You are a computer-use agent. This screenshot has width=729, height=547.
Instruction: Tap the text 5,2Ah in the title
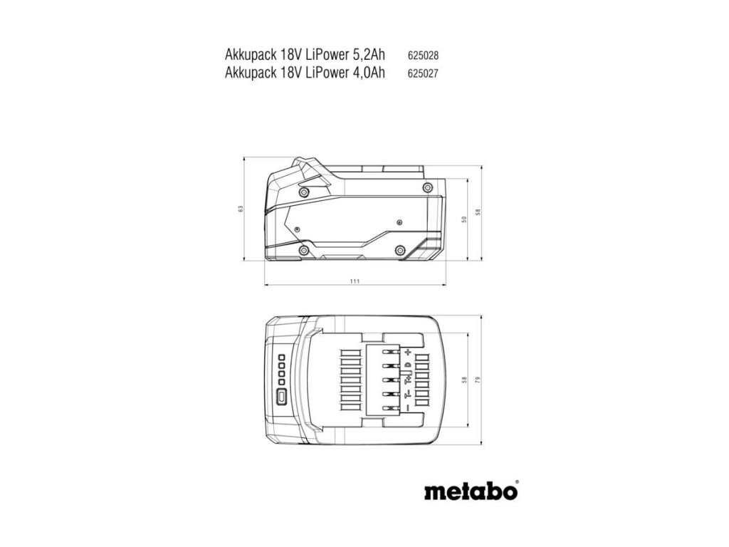click(366, 55)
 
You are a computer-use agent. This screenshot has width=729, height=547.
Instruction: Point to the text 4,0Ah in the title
click(366, 71)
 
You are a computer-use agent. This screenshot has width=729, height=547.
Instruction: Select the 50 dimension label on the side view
click(463, 219)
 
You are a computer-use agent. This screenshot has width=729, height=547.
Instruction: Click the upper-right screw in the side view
click(426, 187)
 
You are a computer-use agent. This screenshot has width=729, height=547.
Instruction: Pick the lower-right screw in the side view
click(399, 249)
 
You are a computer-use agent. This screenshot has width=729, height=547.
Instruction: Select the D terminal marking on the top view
click(408, 365)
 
